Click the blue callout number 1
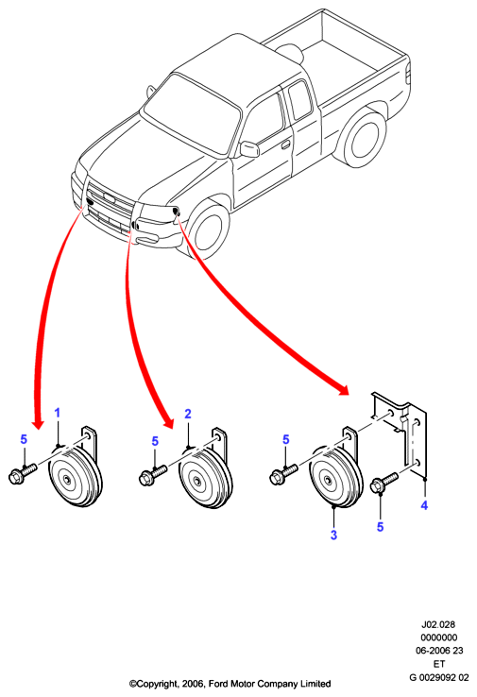(x=57, y=413)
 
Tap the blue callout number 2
(x=188, y=414)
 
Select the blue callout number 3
(x=333, y=535)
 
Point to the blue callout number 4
(x=424, y=505)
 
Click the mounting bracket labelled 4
(x=400, y=435)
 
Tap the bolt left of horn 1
(x=22, y=473)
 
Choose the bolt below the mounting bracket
(x=383, y=483)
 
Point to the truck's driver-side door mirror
(x=249, y=149)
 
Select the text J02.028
(x=438, y=624)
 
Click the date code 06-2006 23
(x=439, y=651)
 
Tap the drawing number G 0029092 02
(x=439, y=677)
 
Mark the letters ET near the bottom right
(x=439, y=664)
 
